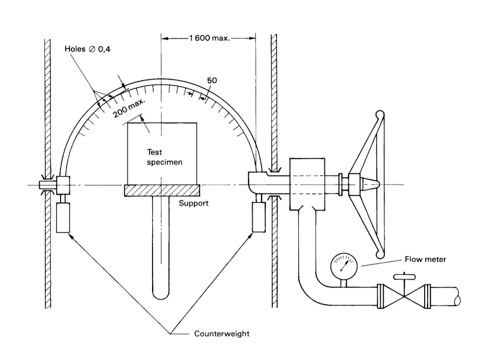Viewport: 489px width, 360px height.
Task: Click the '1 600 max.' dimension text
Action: point(210,38)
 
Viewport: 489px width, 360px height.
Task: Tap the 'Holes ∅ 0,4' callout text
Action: point(88,49)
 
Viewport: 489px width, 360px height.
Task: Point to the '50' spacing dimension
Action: point(212,81)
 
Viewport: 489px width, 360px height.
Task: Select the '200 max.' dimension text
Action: point(129,108)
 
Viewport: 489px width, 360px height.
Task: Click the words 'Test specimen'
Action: point(165,157)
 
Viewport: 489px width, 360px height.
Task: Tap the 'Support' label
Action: point(194,203)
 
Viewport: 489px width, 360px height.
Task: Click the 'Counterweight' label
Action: point(222,333)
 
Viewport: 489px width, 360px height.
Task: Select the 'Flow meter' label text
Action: point(425,259)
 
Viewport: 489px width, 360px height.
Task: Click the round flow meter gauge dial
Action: point(344,267)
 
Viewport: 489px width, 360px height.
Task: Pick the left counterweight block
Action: point(63,218)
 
